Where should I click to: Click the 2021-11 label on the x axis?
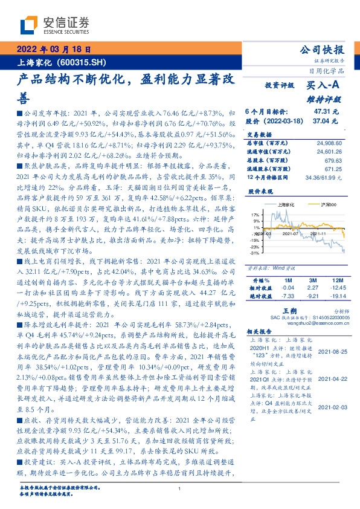[x=318, y=233]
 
